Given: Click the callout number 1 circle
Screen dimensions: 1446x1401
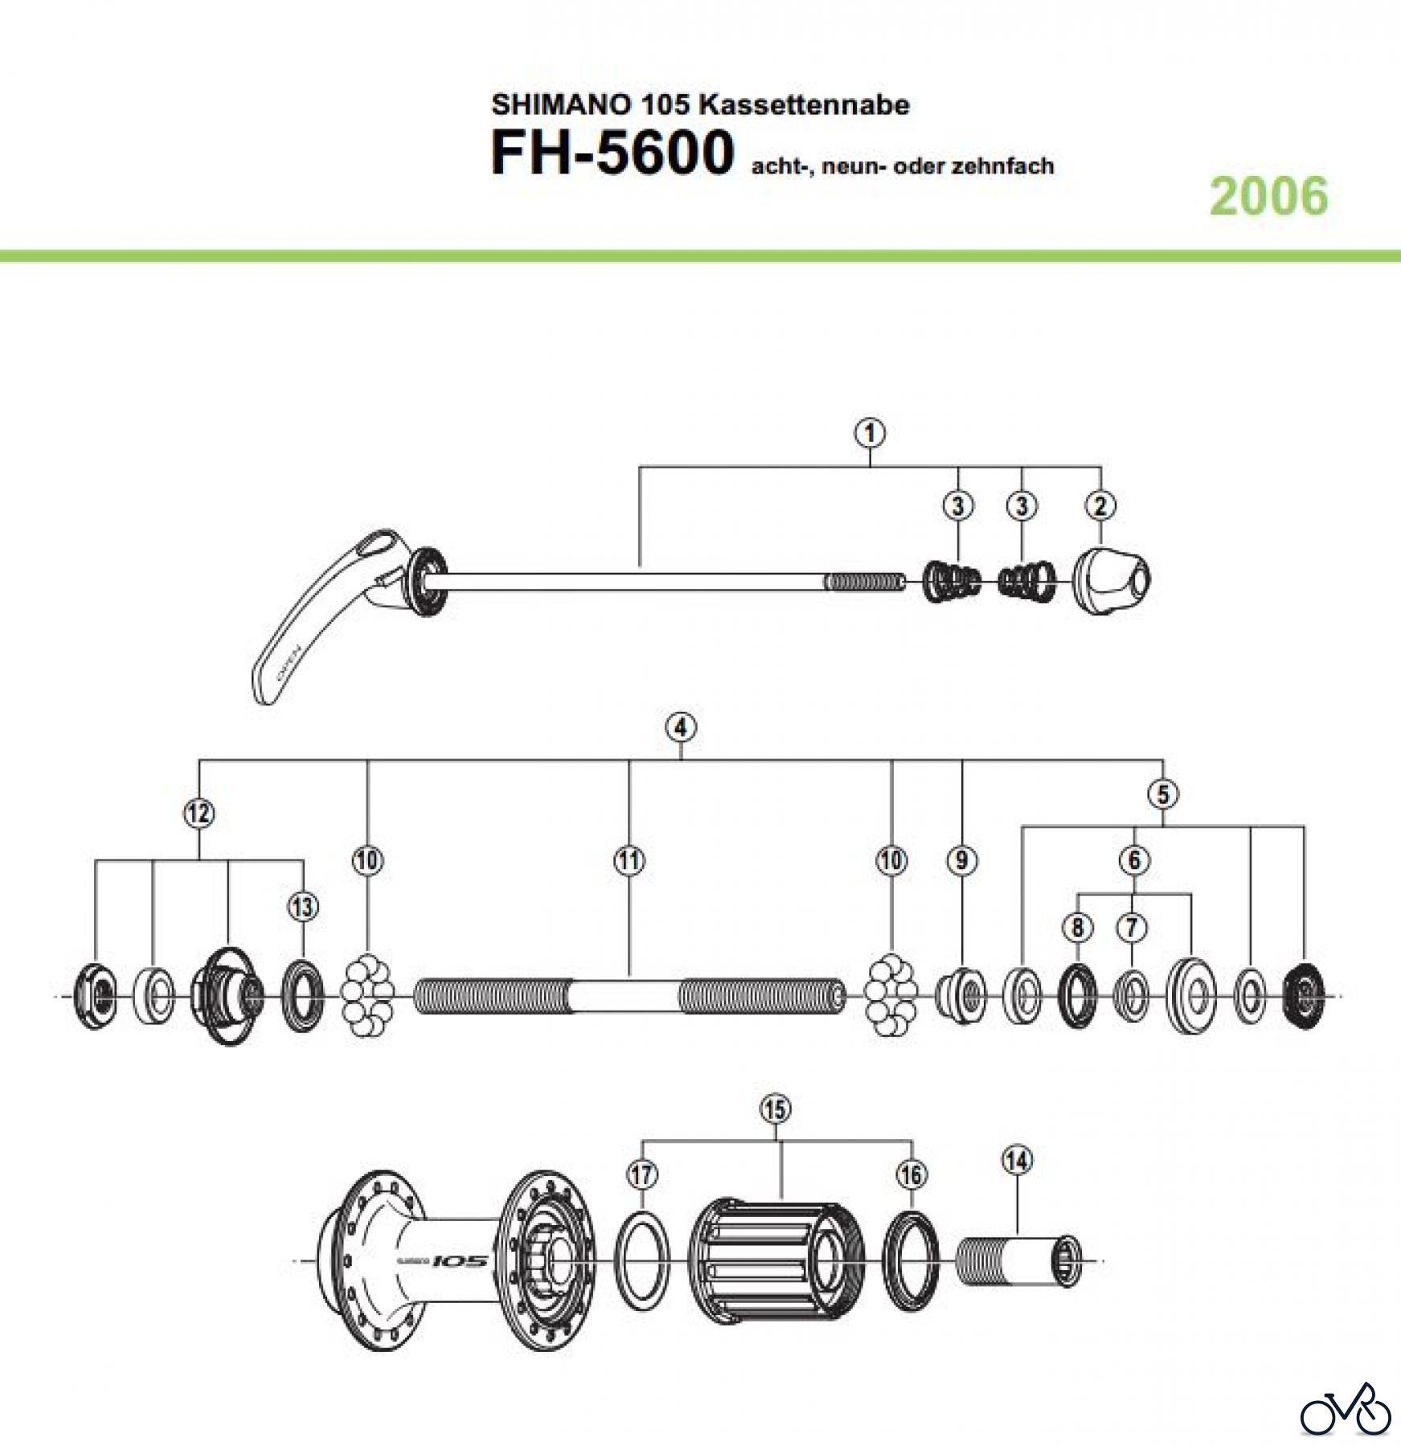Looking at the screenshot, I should click(x=871, y=434).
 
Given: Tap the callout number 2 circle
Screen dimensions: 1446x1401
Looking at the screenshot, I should click(x=1100, y=506).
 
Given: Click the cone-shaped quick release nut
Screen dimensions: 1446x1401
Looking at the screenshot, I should click(x=1112, y=579).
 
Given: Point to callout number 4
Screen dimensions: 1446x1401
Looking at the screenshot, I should click(x=681, y=728).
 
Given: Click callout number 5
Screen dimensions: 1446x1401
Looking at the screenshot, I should click(x=1163, y=794).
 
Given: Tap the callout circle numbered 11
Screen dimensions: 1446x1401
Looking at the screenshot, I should click(x=629, y=860).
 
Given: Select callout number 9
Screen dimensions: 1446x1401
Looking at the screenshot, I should click(x=962, y=860).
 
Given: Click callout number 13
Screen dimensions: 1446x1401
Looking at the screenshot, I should click(x=303, y=908).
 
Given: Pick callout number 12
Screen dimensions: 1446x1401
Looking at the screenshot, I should click(x=199, y=814).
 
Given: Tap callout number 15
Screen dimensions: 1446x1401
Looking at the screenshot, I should click(x=775, y=1109).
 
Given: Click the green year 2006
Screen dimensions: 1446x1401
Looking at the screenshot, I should click(x=1269, y=197).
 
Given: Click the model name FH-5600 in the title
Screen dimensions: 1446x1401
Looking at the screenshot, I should click(x=612, y=153).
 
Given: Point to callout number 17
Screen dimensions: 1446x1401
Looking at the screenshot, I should click(x=643, y=1174).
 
